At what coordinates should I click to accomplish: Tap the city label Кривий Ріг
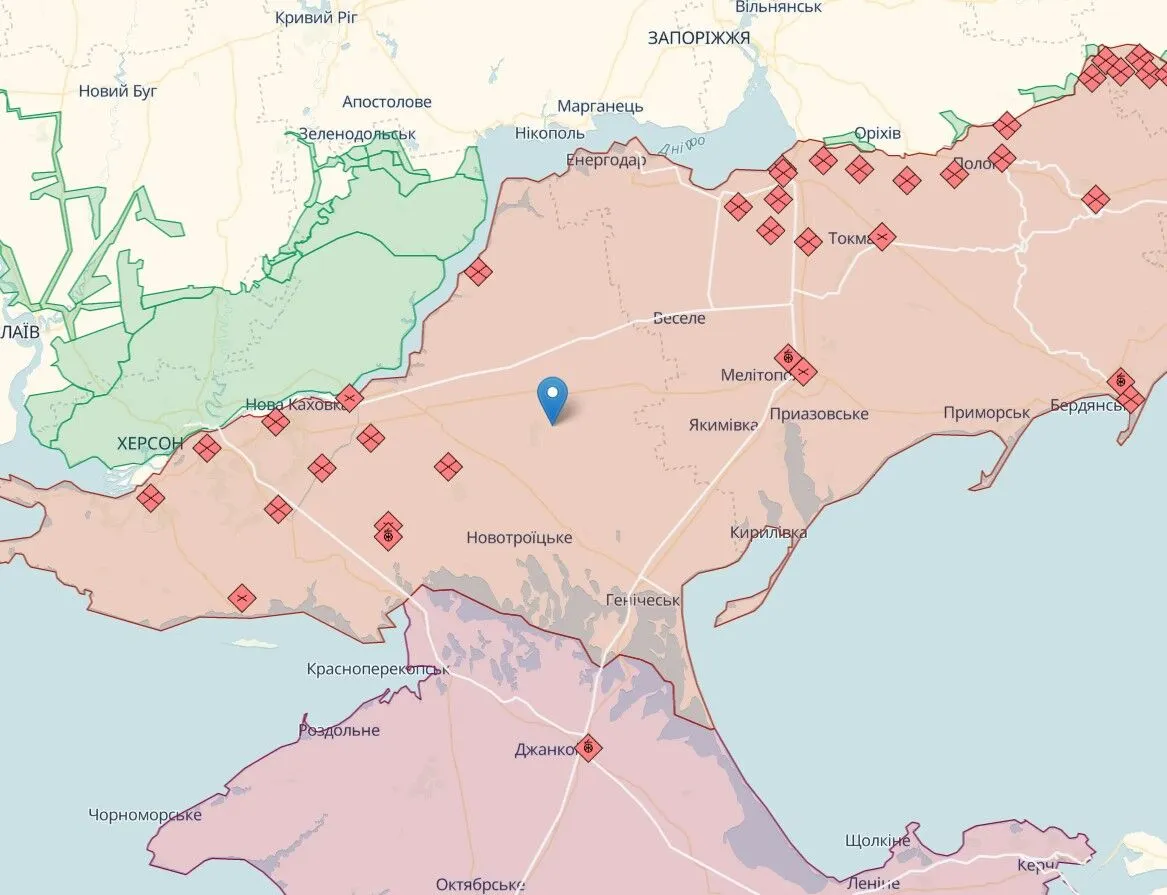pos(317,17)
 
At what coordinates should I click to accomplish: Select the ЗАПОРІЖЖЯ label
pos(699,38)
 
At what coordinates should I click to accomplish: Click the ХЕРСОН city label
pos(150,442)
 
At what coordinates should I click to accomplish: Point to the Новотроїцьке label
pos(519,538)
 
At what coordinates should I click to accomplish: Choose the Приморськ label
pos(986,413)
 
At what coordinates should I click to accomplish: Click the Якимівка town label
pos(723,424)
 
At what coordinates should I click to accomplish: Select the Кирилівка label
pos(769,532)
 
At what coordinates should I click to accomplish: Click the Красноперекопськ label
pos(378,669)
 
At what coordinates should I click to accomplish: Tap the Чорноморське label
pos(145,815)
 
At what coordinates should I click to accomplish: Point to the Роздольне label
pos(339,730)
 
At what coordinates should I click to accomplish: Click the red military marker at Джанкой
pos(589,747)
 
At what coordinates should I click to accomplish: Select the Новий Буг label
pos(118,91)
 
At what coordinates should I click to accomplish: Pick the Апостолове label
pos(387,102)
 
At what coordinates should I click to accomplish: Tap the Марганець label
pos(600,106)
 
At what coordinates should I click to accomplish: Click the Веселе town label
pos(679,318)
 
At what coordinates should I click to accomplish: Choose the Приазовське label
pos(819,414)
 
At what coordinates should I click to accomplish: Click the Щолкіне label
pos(877,840)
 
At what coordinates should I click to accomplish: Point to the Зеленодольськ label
pos(356,133)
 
